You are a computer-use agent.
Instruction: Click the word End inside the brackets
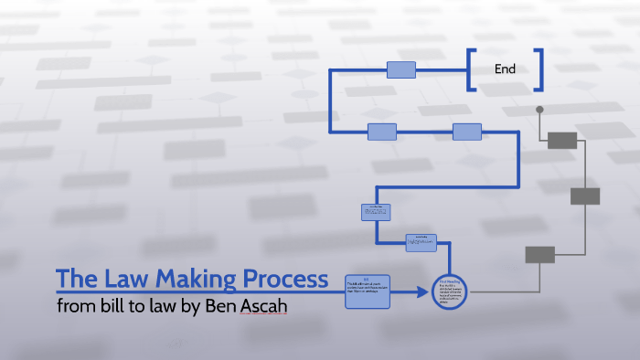click(505, 69)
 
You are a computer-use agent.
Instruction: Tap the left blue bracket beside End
click(471, 69)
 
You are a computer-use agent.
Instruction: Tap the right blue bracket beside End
click(539, 69)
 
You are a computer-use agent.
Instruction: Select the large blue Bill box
click(368, 290)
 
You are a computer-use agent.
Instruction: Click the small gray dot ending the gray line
click(539, 110)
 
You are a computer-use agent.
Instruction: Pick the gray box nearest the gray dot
click(562, 140)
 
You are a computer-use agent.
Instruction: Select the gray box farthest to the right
click(585, 196)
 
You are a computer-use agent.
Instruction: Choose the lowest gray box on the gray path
click(539, 255)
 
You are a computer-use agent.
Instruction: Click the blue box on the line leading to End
click(401, 69)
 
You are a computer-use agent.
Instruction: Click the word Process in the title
click(284, 277)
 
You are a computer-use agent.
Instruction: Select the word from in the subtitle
click(73, 307)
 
